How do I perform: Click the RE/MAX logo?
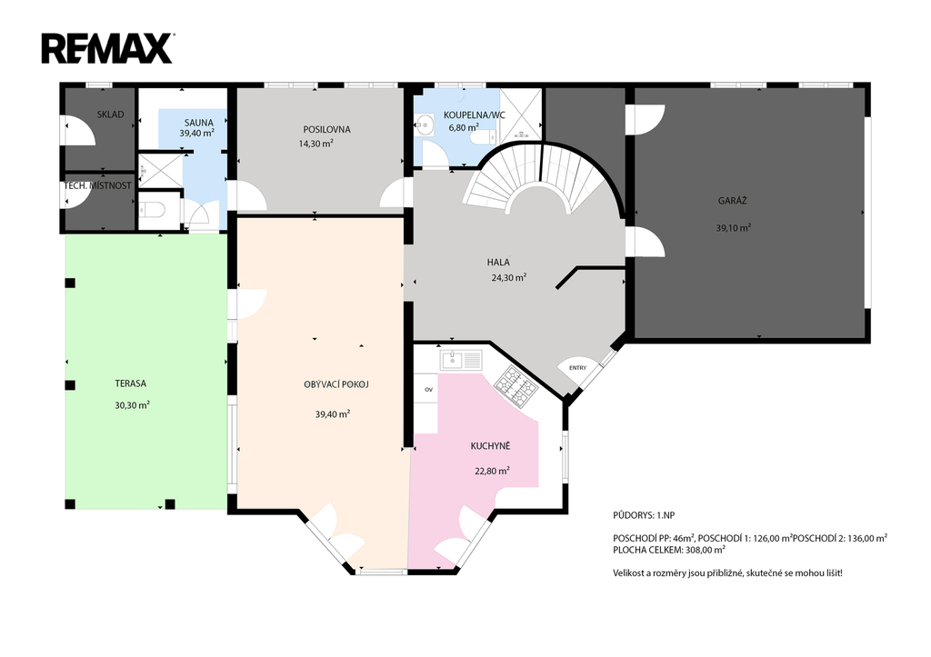pos(107,49)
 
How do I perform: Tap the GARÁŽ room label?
pos(732,201)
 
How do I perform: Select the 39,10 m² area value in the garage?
pos(734,227)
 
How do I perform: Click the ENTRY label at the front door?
pos(577,368)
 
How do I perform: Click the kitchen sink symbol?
pos(461,360)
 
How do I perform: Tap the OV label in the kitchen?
pos(428,390)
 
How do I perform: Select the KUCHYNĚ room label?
pos(490,445)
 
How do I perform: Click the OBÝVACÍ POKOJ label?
pos(336,384)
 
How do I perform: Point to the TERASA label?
pos(131,383)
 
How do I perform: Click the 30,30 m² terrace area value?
pos(132,405)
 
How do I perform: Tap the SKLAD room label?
pos(110,114)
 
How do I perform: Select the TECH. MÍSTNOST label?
pos(98,185)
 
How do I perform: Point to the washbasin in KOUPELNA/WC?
pos(425,124)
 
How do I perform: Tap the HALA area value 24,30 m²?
pos(509,278)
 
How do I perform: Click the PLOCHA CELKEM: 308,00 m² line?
pos(669,550)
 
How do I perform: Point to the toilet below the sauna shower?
pos(153,210)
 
